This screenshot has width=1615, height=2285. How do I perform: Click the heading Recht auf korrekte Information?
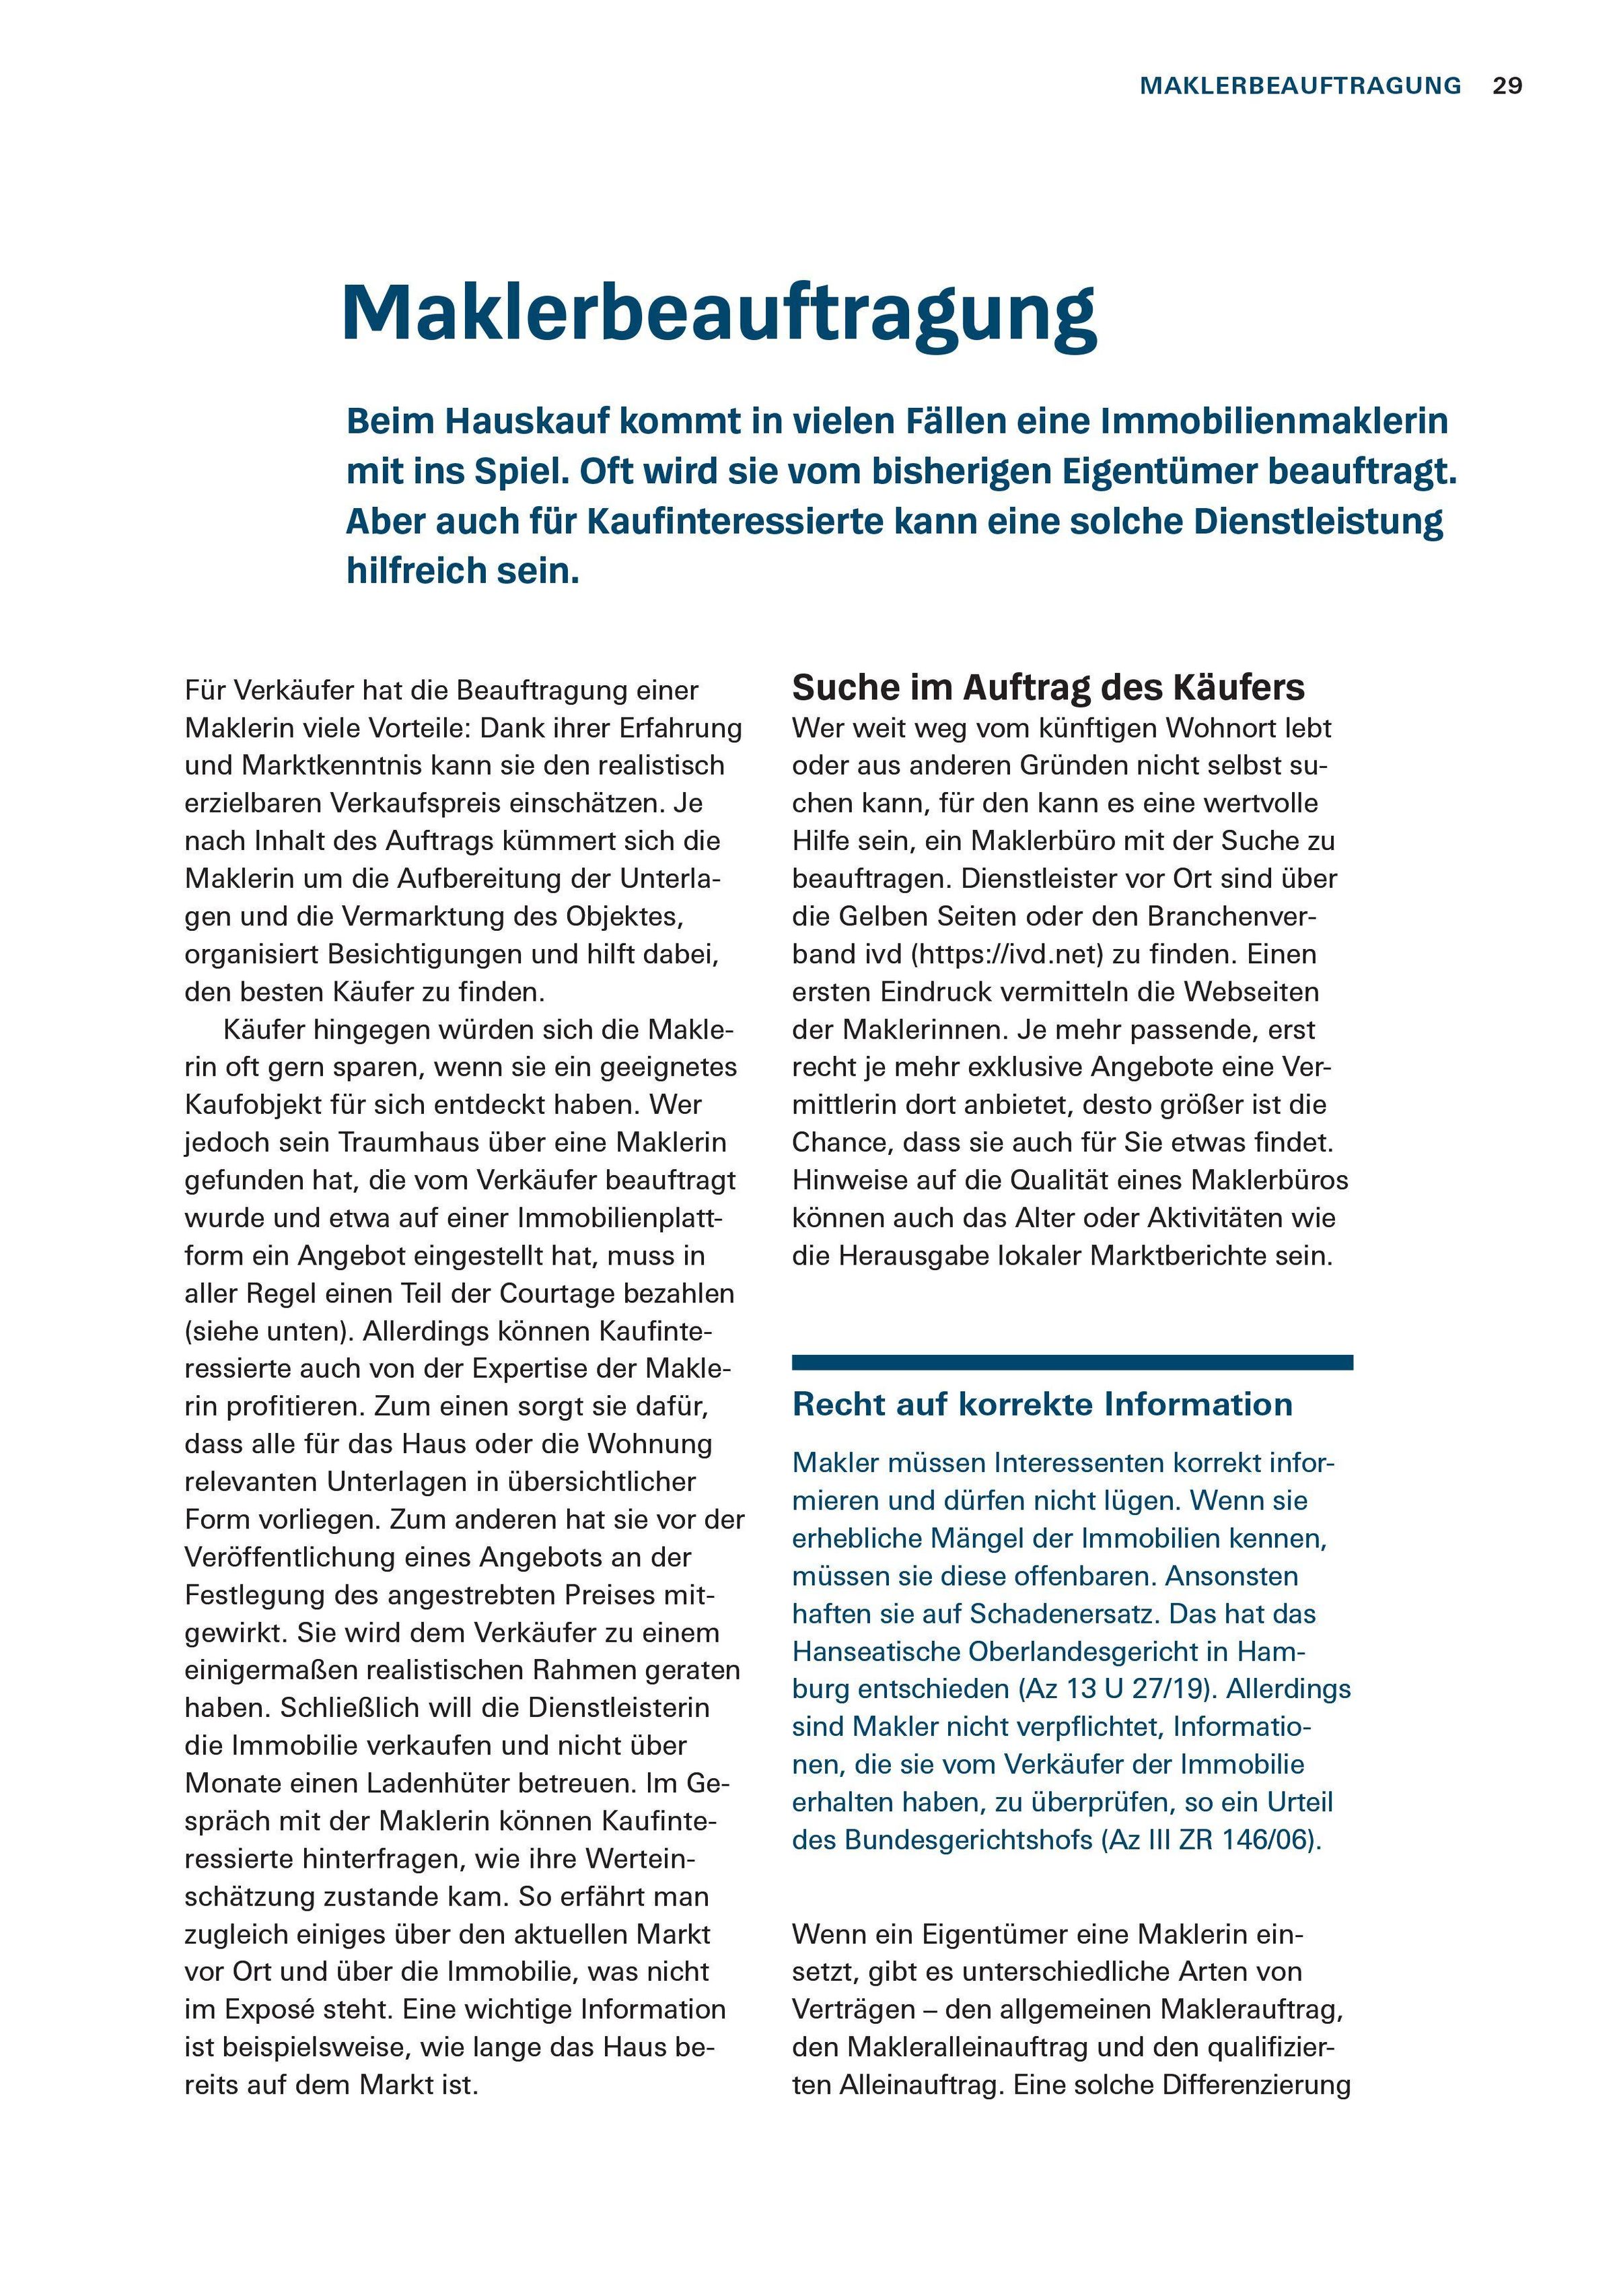click(x=1042, y=1404)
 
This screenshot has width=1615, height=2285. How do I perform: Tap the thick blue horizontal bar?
click(x=1072, y=1362)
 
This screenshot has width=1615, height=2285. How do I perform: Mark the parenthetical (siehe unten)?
click(x=268, y=1331)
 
